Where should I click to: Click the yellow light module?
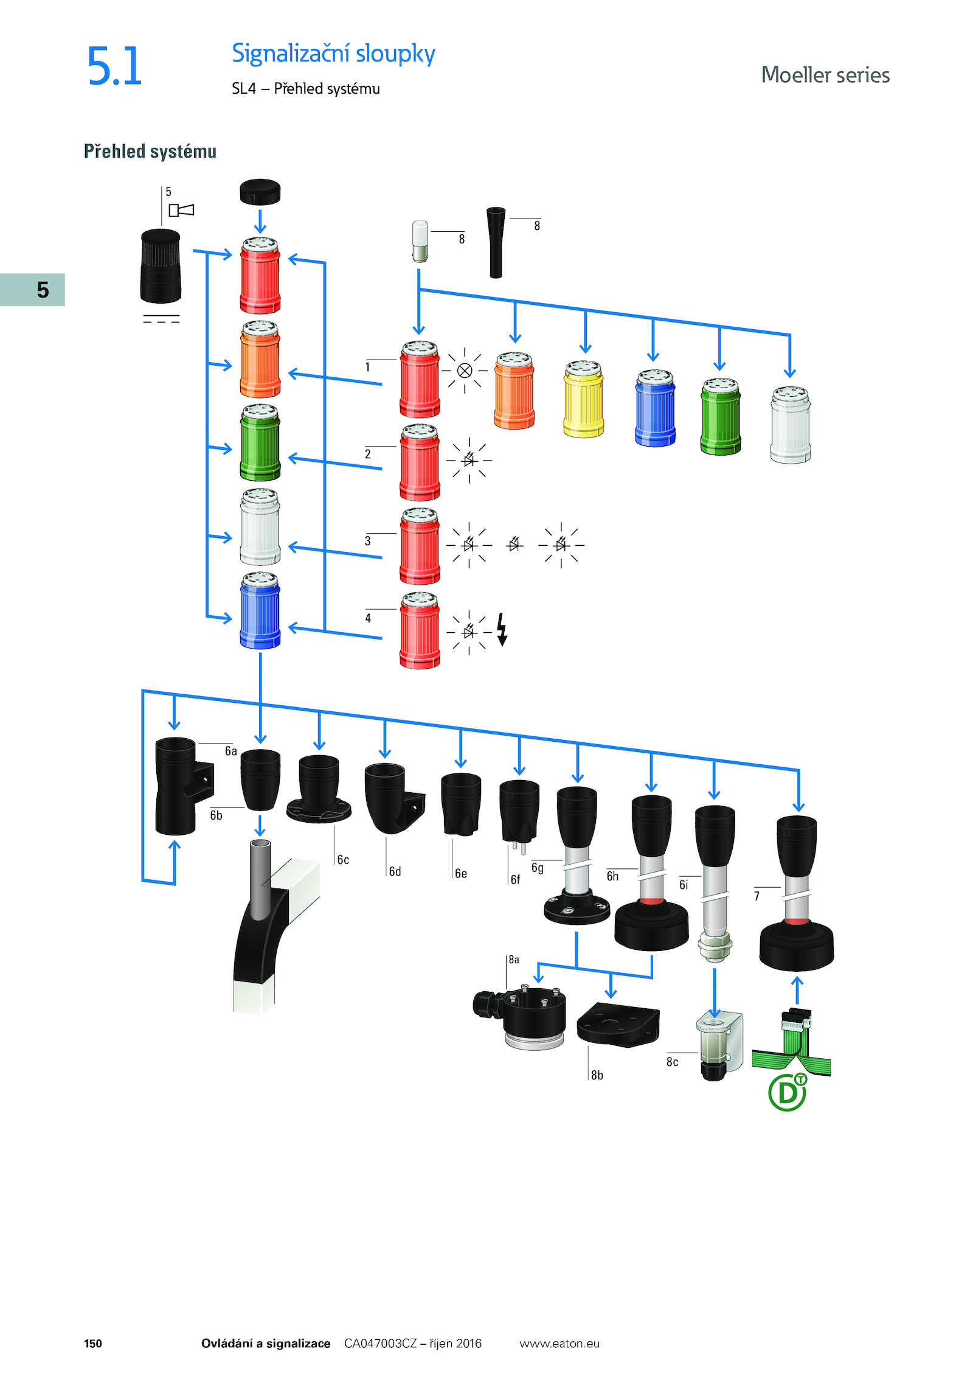pyautogui.click(x=584, y=399)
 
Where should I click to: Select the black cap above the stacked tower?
pyautogui.click(x=260, y=192)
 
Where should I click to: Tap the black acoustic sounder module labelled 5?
pyautogui.click(x=161, y=266)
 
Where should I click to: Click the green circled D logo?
pyautogui.click(x=788, y=1092)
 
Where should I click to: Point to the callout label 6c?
pyautogui.click(x=343, y=860)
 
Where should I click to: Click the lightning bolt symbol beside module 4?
pyautogui.click(x=502, y=629)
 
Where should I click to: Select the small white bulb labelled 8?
pyautogui.click(x=420, y=242)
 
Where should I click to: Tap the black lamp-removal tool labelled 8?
pyautogui.click(x=496, y=243)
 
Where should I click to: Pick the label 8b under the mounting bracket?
pyautogui.click(x=597, y=1075)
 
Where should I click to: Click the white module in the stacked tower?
pyautogui.click(x=260, y=527)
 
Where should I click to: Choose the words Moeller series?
pyautogui.click(x=825, y=75)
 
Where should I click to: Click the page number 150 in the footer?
pyautogui.click(x=93, y=1344)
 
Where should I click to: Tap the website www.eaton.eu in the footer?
pyautogui.click(x=559, y=1344)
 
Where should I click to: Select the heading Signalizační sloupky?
pyautogui.click(x=333, y=54)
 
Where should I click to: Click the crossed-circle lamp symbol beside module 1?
pyautogui.click(x=465, y=371)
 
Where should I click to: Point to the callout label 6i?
pyautogui.click(x=684, y=885)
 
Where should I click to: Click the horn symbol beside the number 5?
pyautogui.click(x=181, y=210)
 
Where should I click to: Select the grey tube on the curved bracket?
pyautogui.click(x=260, y=879)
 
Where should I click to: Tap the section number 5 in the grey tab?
pyautogui.click(x=43, y=290)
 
